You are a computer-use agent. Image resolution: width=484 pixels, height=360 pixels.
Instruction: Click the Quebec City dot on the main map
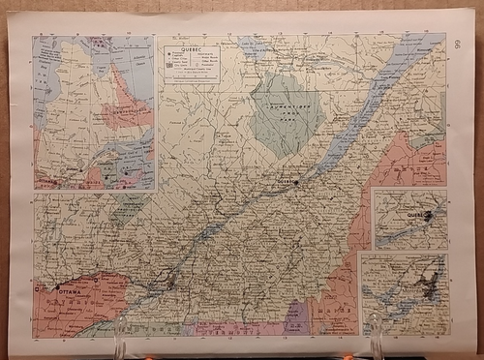tap(299, 181)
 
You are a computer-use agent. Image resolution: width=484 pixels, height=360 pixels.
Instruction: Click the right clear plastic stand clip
tap(376, 335)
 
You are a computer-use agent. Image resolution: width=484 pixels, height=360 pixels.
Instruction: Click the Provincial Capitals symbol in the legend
tap(166, 56)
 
